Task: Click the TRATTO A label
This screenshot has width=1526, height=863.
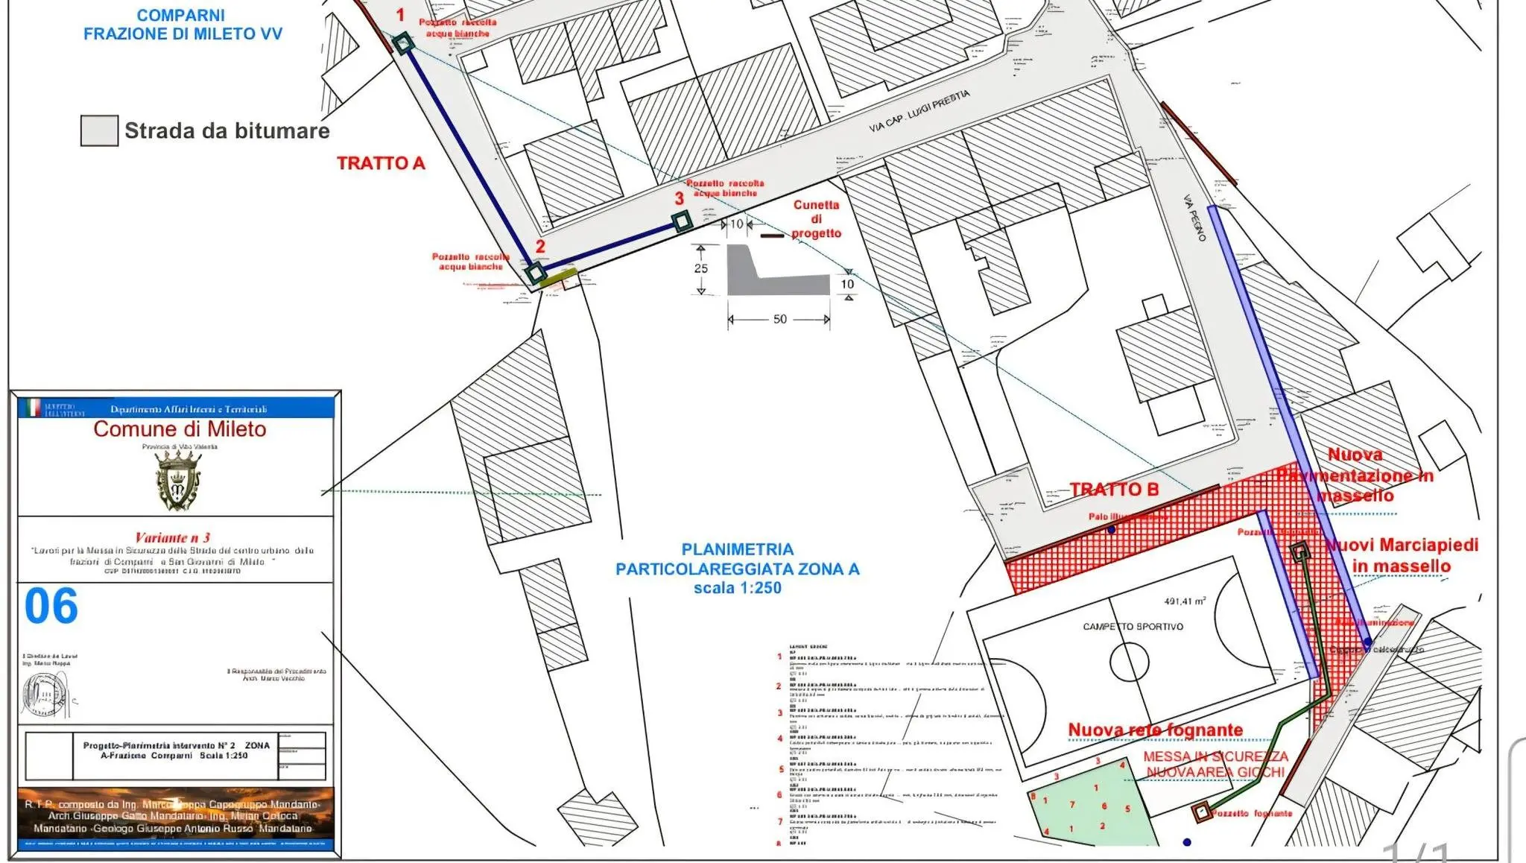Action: [x=381, y=163]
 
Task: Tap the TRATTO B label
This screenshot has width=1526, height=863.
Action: [x=1114, y=490]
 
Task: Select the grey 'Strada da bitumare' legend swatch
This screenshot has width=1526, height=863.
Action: [x=99, y=130]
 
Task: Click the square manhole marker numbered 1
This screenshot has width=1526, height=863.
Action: [x=403, y=43]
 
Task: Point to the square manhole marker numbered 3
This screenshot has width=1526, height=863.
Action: [x=681, y=221]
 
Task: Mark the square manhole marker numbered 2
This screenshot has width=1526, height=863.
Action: [x=535, y=272]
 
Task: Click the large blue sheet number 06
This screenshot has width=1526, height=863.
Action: [x=51, y=606]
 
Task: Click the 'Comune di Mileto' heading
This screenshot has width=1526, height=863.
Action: [x=180, y=429]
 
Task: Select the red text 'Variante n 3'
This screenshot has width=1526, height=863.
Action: [x=173, y=537]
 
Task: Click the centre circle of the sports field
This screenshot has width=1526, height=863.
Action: [x=1129, y=661]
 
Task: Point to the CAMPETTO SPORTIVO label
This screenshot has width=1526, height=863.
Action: [x=1133, y=627]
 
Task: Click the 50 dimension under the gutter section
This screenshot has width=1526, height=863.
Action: [x=779, y=319]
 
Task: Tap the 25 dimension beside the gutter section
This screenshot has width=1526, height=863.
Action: [x=700, y=268]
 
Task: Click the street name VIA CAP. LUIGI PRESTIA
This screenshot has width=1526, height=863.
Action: [x=919, y=111]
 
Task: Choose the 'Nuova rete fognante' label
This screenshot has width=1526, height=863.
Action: [x=1155, y=730]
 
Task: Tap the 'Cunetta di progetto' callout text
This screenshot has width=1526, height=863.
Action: [x=816, y=219]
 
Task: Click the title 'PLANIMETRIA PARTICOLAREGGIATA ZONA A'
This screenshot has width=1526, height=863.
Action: [x=737, y=568]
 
